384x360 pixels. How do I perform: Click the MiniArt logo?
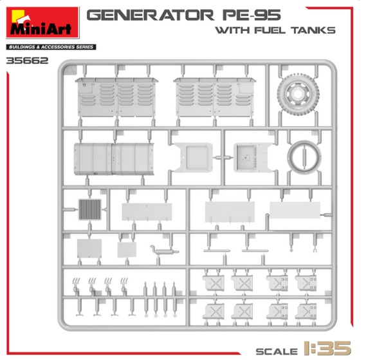pyautogui.click(x=42, y=23)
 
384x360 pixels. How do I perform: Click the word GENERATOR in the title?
pyautogui.click(x=151, y=15)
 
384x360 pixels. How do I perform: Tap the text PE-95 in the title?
pyautogui.click(x=251, y=15)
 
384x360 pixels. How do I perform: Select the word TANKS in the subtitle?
pyautogui.click(x=313, y=30)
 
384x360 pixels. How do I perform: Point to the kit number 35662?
pyautogui.click(x=27, y=61)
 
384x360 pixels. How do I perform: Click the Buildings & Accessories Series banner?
pyautogui.click(x=51, y=47)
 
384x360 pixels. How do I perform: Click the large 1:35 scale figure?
pyautogui.click(x=327, y=348)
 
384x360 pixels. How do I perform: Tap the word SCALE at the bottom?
pyautogui.click(x=277, y=352)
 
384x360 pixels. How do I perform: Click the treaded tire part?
pyautogui.click(x=298, y=94)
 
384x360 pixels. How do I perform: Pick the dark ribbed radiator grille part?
pyautogui.click(x=89, y=209)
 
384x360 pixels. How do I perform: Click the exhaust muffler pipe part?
pyautogui.click(x=165, y=251)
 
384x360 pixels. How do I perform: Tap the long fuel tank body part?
pyautogui.click(x=114, y=159)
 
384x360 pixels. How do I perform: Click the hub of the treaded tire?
pyautogui.click(x=297, y=94)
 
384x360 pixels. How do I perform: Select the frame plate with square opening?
pyautogui.click(x=193, y=158)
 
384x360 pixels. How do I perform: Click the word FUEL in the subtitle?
pyautogui.click(x=270, y=30)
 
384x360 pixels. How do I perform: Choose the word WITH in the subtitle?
pyautogui.click(x=232, y=30)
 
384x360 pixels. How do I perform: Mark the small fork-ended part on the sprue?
pyautogui.click(x=315, y=250)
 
